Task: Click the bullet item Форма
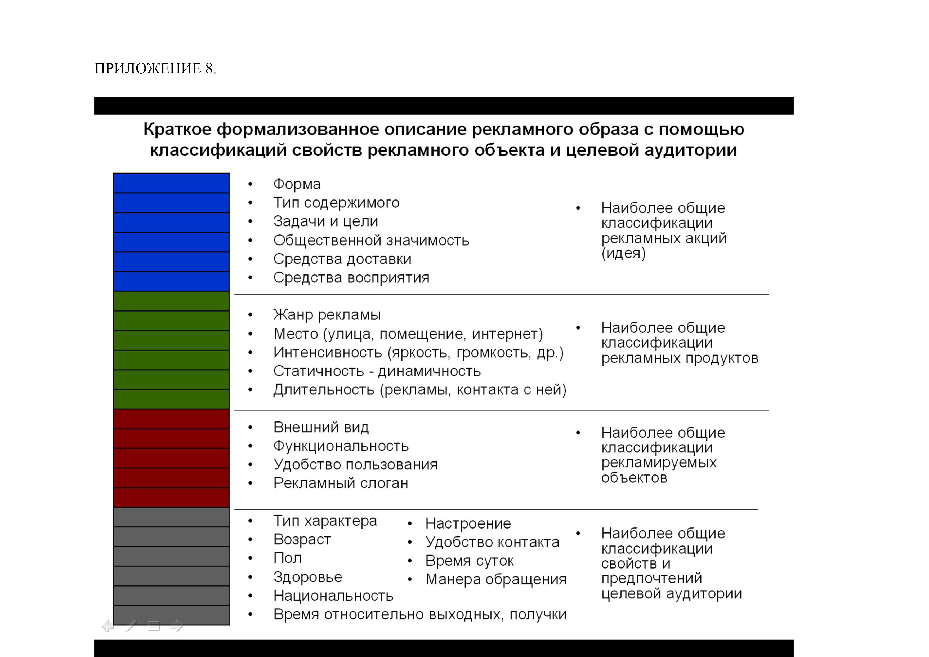[x=297, y=184]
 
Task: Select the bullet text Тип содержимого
[x=336, y=203]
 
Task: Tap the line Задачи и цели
[x=325, y=221]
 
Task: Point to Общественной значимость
[x=371, y=241]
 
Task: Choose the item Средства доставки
[x=342, y=259]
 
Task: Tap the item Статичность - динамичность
[x=377, y=371]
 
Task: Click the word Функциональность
[x=341, y=446]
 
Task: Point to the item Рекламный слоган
[x=340, y=483]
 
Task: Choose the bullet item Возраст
[x=302, y=540]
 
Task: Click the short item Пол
[x=287, y=558]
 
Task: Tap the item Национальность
[x=333, y=596]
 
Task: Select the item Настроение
[x=468, y=523]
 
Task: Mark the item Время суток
[x=469, y=561]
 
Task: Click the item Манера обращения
[x=496, y=580]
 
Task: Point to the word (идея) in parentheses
[x=623, y=254]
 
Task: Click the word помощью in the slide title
[x=701, y=130]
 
